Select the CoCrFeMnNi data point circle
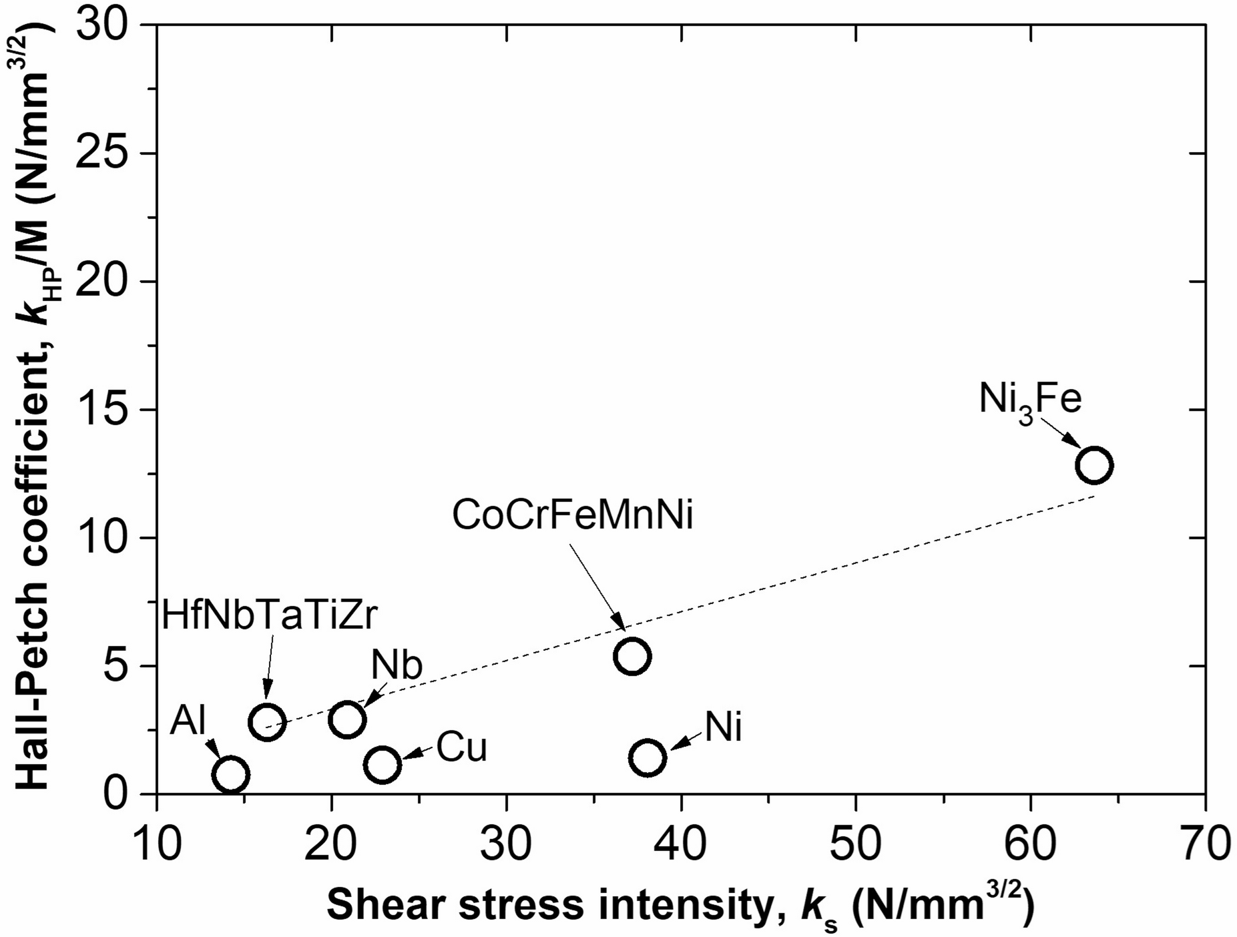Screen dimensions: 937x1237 click(x=632, y=656)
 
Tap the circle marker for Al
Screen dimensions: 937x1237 click(x=230, y=775)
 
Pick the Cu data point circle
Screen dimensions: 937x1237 click(x=382, y=764)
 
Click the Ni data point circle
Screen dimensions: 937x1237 click(x=648, y=757)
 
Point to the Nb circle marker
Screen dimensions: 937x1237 click(x=346, y=719)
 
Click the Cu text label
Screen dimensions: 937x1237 click(x=462, y=749)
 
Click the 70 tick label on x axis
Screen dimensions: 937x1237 click(x=1204, y=845)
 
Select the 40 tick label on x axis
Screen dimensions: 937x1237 click(x=680, y=845)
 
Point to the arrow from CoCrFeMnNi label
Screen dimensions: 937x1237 click(x=597, y=586)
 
